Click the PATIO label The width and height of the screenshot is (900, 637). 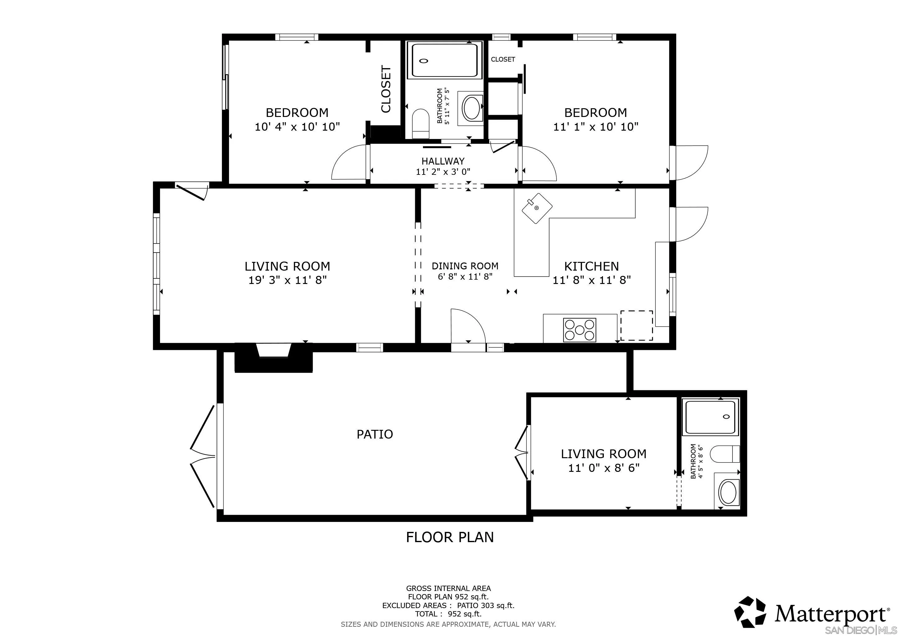click(x=374, y=434)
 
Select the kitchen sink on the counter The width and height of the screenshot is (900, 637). click(x=537, y=208)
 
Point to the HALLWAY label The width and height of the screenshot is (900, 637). click(x=443, y=161)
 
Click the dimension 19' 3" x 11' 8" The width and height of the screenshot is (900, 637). click(x=287, y=280)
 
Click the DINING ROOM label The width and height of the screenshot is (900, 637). click(x=465, y=266)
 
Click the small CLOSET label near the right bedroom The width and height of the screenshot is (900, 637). click(x=503, y=59)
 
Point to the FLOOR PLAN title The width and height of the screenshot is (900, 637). click(x=450, y=537)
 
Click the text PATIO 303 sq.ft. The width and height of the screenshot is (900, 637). click(x=485, y=605)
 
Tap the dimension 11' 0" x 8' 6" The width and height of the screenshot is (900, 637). click(x=604, y=468)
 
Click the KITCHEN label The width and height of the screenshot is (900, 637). click(x=591, y=266)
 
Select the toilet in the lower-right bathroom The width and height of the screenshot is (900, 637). click(x=725, y=454)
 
